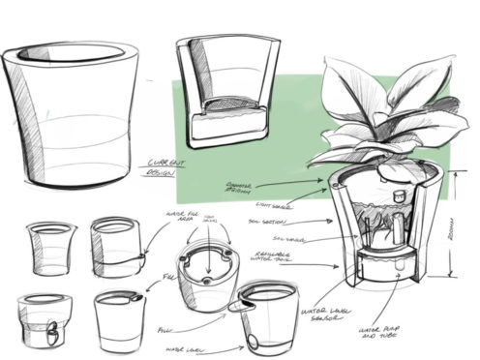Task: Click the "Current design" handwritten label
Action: pos(160,166)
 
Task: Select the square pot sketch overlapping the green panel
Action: pos(225,92)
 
